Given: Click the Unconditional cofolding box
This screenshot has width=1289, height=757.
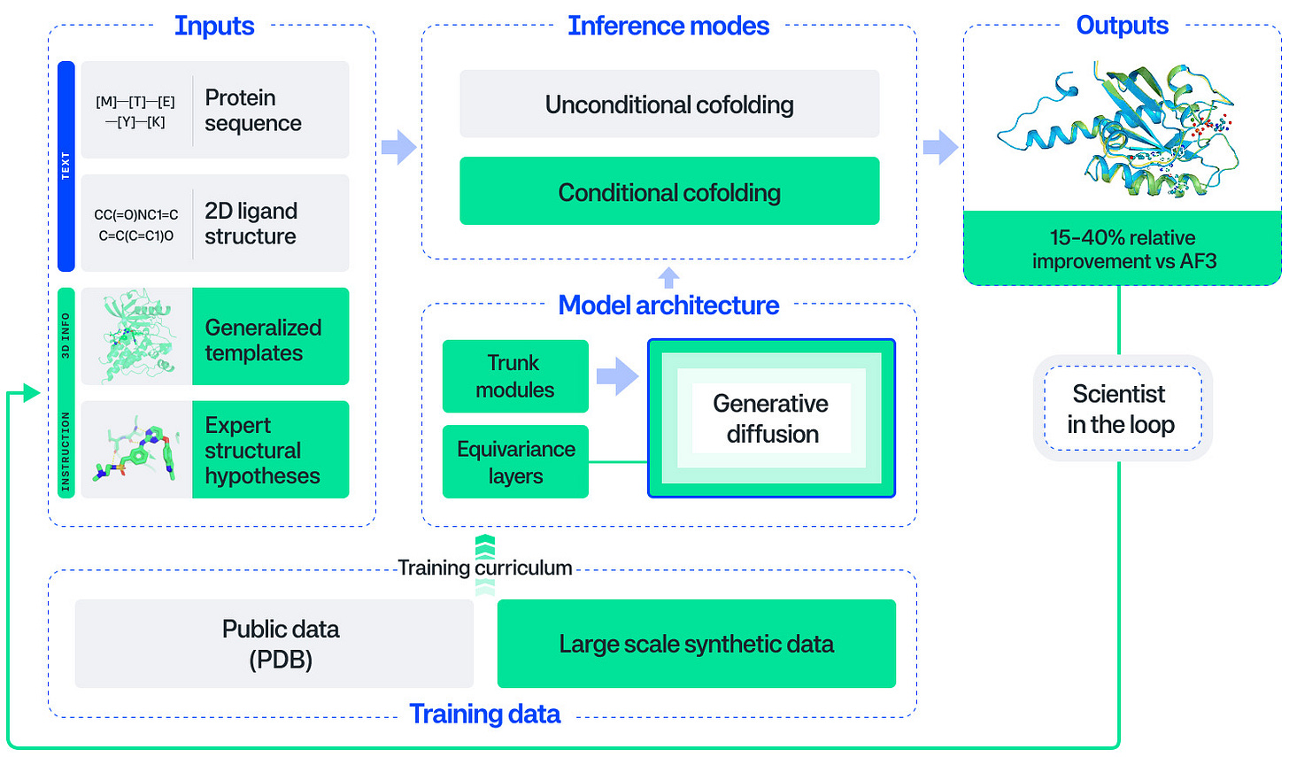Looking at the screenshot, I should point(669,104).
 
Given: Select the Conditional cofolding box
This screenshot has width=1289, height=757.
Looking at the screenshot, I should point(669,191).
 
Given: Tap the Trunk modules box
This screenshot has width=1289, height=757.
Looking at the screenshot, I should point(515,376).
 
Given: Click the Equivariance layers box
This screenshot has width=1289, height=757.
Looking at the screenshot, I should point(515,462).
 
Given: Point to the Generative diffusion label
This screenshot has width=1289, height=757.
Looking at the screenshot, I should point(771,419).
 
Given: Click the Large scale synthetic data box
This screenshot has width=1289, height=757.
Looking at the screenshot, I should point(696,644).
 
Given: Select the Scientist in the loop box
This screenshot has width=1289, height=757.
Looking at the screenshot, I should point(1122,408).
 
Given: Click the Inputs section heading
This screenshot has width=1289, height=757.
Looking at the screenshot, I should point(214,26).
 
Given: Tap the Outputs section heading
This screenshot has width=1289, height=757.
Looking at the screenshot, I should point(1122,26).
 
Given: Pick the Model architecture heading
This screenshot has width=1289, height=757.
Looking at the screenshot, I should point(668,305).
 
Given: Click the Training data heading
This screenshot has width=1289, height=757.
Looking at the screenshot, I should point(484,714).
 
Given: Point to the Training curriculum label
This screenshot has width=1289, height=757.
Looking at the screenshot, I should point(484,568).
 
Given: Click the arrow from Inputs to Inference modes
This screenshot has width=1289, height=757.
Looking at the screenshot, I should point(398,147).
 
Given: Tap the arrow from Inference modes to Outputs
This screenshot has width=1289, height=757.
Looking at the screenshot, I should point(940,147).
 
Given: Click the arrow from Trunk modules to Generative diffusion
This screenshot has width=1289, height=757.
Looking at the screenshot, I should point(617,376).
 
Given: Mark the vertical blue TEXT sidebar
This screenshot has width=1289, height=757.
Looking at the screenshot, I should point(66,166).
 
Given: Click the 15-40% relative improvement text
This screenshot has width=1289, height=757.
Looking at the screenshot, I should point(1122,249).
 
